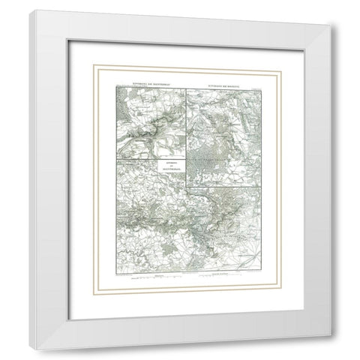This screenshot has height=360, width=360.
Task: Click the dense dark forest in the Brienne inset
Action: coord(214,146)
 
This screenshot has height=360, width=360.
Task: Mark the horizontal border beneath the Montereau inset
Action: coord(150,160)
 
